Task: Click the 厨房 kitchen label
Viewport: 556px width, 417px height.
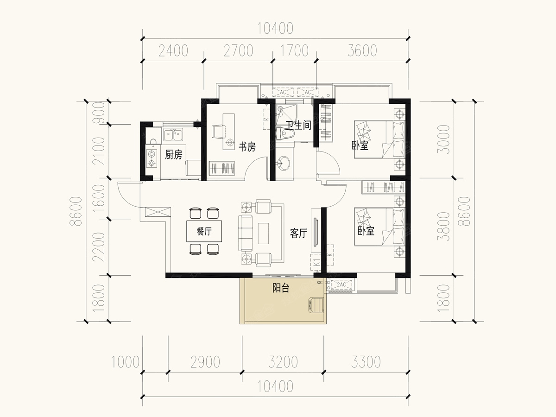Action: tap(173, 155)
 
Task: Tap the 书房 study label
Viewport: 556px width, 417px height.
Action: tap(247, 147)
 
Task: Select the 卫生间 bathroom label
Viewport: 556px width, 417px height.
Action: tap(298, 125)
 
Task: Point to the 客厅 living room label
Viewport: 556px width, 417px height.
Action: tap(298, 233)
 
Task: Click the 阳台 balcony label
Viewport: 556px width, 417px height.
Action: tap(281, 288)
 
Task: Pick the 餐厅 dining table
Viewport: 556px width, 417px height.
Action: tap(204, 231)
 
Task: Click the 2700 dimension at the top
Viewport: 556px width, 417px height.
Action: tap(238, 51)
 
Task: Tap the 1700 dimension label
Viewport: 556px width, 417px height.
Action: tap(294, 51)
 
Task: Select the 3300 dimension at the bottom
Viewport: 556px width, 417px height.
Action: tap(366, 362)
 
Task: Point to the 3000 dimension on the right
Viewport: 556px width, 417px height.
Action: tap(444, 139)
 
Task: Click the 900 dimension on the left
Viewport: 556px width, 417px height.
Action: tap(99, 113)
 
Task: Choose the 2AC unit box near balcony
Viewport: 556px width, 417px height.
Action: tap(341, 284)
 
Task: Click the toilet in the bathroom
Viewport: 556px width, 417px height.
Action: tap(285, 133)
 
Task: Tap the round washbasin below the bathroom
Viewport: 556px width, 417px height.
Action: tap(283, 163)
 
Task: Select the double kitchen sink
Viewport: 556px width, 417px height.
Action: tap(173, 134)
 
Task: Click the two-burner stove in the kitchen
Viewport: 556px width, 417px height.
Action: tap(152, 158)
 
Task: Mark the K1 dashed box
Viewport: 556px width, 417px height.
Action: tap(316, 262)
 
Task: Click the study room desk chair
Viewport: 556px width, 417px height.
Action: tap(218, 131)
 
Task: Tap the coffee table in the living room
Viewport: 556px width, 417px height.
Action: tap(264, 234)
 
